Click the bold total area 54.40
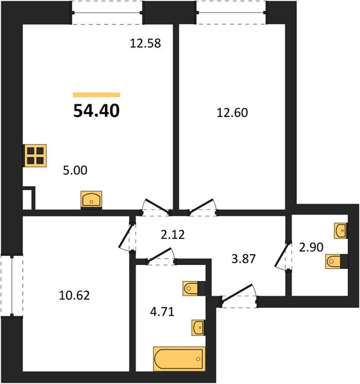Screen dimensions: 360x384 tap(97, 111)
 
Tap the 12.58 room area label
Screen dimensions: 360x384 tap(145, 44)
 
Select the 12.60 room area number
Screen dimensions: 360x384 tap(232, 113)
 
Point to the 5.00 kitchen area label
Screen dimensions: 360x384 tap(75, 170)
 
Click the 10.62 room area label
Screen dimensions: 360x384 tap(74, 295)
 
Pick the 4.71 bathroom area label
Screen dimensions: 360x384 tap(162, 312)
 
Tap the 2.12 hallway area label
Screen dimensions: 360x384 tap(173, 235)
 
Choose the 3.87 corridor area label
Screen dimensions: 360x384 tap(244, 259)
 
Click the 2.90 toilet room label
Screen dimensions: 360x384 tap(311, 247)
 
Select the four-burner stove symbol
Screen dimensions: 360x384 tap(35, 156)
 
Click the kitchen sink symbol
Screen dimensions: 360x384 tap(91, 200)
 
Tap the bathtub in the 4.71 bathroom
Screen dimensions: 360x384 tap(179, 359)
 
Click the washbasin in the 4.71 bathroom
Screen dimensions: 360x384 tap(198, 327)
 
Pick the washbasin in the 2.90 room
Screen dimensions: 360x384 tap(340, 230)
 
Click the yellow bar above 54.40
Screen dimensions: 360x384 tap(97, 95)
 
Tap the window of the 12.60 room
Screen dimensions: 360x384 tap(231, 13)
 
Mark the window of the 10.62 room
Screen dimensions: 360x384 tap(12, 286)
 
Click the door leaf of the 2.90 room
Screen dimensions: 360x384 tap(282, 254)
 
